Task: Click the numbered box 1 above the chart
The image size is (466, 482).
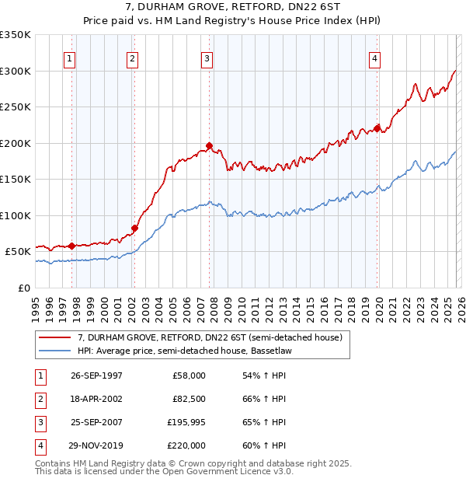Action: pyautogui.click(x=70, y=58)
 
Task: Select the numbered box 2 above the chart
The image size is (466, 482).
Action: pyautogui.click(x=133, y=58)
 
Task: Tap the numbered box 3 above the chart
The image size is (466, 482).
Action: pyautogui.click(x=207, y=58)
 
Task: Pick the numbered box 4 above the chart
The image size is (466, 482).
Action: pyautogui.click(x=374, y=58)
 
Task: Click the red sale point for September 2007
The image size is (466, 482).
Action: pyautogui.click(x=210, y=145)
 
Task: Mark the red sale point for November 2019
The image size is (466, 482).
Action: pyautogui.click(x=377, y=128)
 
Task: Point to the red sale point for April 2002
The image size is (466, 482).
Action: pyautogui.click(x=134, y=228)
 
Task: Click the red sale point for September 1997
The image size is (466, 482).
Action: pyautogui.click(x=72, y=246)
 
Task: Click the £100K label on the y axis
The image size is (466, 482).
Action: pyautogui.click(x=16, y=215)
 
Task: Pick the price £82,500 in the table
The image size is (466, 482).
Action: pyautogui.click(x=188, y=400)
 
